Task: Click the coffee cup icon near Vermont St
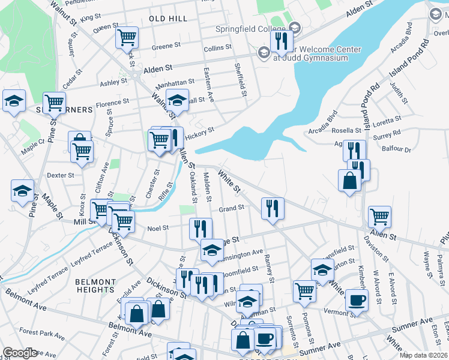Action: (x=357, y=300)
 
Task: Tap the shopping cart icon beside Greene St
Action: (x=127, y=37)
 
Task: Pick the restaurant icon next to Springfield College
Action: (x=281, y=41)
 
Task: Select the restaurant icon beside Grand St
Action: (x=273, y=208)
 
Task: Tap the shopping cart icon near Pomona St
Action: (x=305, y=291)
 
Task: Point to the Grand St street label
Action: (x=231, y=208)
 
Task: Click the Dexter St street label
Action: (x=60, y=176)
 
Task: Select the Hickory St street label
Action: (x=200, y=137)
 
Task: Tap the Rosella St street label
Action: (x=346, y=130)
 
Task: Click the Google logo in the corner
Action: (x=20, y=353)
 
